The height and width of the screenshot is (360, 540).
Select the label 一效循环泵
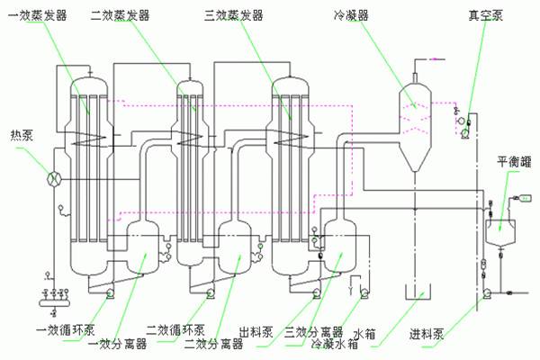(65, 328)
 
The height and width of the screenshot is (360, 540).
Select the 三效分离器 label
(313, 329)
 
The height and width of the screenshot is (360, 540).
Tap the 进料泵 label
(427, 331)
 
